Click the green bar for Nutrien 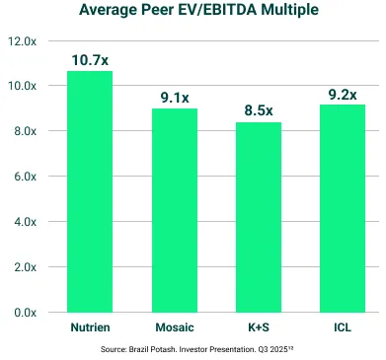tap(90, 191)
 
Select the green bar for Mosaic tap(174, 210)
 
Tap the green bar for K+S tap(259, 217)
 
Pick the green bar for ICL tap(343, 208)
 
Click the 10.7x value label tap(90, 60)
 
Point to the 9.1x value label tap(175, 97)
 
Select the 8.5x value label tap(259, 110)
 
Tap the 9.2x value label tap(343, 95)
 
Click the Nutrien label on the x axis tap(90, 326)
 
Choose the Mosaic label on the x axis tap(174, 326)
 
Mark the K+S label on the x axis tap(259, 326)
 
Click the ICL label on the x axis tap(343, 326)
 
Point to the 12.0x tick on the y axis tap(22, 41)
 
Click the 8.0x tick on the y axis tap(25, 131)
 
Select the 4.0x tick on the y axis tap(25, 222)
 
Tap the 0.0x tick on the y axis tap(25, 313)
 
